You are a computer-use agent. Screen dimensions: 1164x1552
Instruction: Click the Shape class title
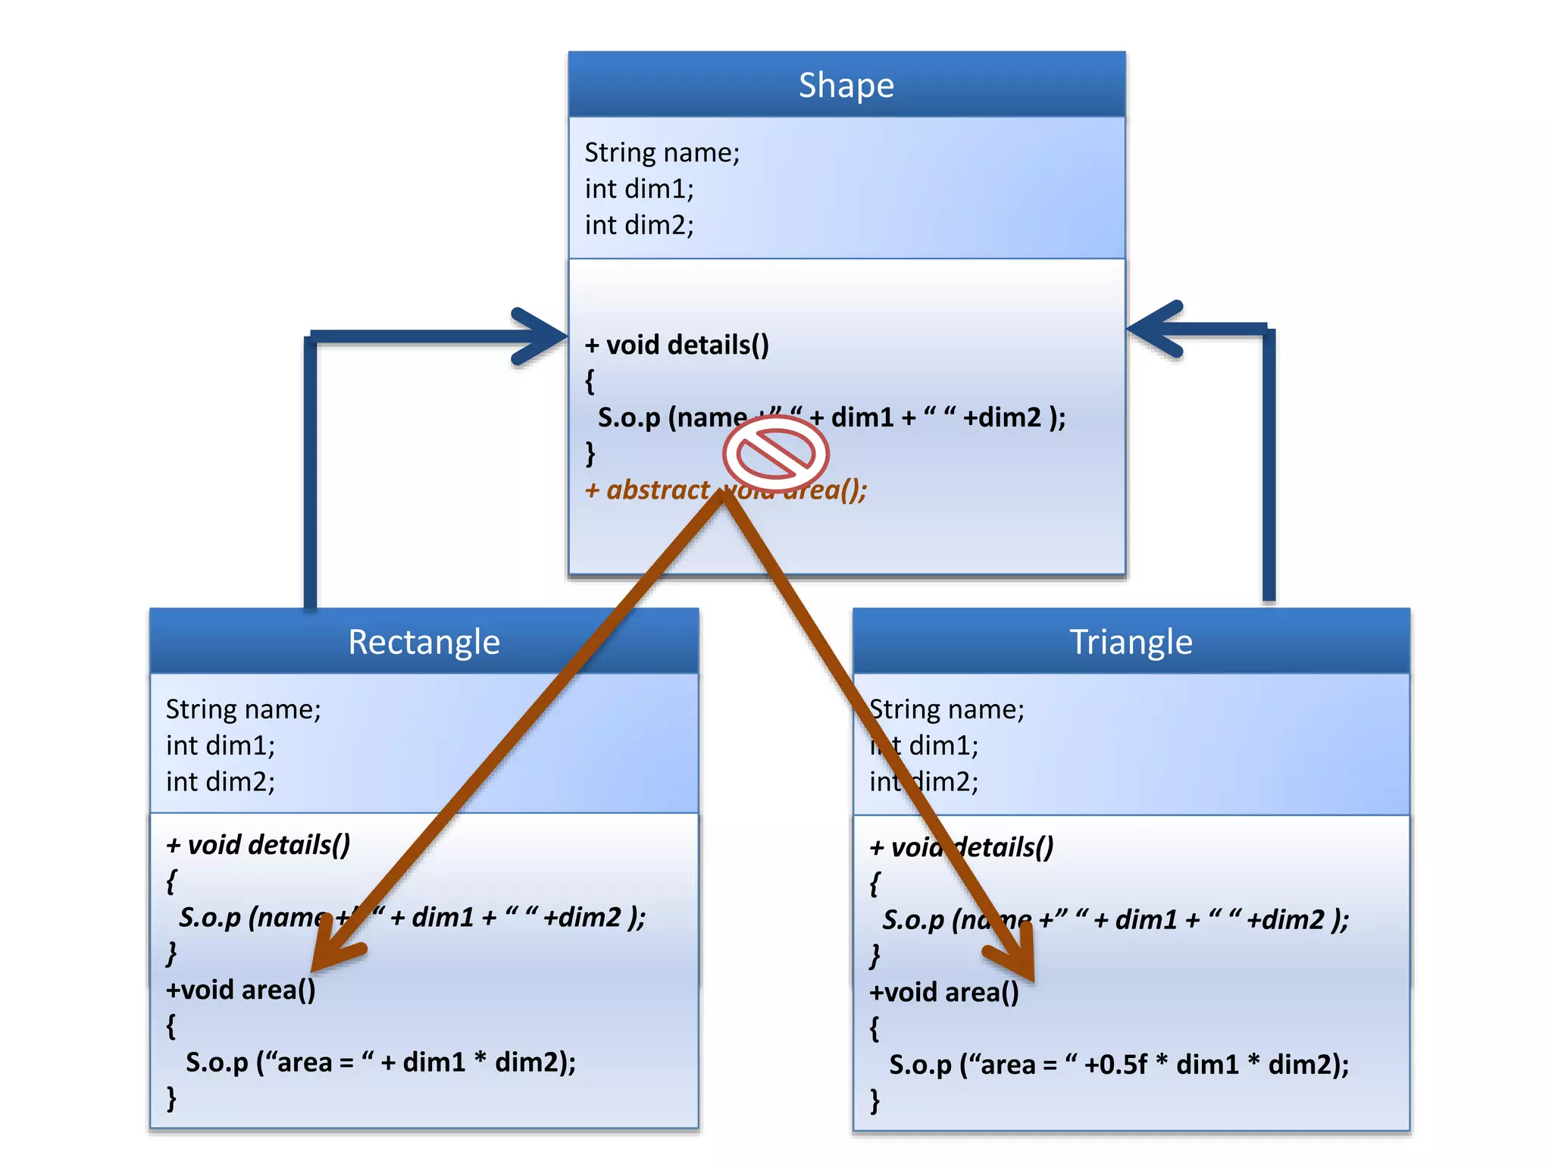[x=846, y=85]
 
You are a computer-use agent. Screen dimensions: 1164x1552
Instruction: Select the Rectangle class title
[x=424, y=642]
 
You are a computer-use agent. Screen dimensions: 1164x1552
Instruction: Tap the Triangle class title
[x=1131, y=642]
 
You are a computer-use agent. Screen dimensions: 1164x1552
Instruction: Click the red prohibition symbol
[x=776, y=453]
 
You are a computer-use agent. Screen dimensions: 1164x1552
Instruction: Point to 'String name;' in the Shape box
[x=662, y=152]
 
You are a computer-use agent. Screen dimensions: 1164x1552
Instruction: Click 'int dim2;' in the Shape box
[x=639, y=225]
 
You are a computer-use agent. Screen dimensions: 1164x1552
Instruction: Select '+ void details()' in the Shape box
[x=677, y=345]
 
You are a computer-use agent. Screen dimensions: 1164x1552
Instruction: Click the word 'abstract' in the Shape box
[x=658, y=490]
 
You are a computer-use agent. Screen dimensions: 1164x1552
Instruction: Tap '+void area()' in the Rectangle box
[x=240, y=990]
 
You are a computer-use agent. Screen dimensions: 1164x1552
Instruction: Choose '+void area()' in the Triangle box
[x=943, y=992]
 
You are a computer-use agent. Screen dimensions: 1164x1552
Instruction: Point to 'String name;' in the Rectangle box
[x=243, y=709]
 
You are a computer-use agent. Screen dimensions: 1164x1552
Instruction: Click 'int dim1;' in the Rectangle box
[x=221, y=746]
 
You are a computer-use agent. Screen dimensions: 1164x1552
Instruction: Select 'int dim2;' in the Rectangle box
[x=221, y=782]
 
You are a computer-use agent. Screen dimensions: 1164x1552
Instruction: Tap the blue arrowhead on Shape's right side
[x=1153, y=329]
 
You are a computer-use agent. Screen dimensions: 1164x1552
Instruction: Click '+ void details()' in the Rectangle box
[x=258, y=845]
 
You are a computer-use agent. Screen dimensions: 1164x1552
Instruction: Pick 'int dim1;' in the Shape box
[x=639, y=189]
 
